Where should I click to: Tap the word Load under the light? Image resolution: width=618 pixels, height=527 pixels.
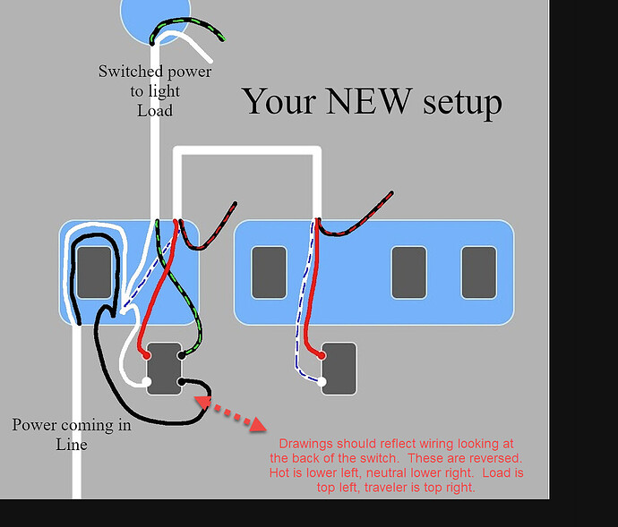(x=155, y=110)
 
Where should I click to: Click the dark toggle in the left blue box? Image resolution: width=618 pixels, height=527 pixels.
(x=94, y=272)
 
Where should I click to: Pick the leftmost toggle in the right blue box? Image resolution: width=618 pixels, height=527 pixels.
(x=268, y=271)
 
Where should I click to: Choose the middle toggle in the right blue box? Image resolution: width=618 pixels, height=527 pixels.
(x=408, y=271)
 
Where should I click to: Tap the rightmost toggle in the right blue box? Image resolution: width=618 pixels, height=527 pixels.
(x=478, y=271)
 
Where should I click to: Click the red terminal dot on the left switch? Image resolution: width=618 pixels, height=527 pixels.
(x=146, y=355)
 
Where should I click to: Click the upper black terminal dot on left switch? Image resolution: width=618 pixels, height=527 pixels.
(x=182, y=355)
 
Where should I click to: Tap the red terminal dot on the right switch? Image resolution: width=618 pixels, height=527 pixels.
(x=322, y=354)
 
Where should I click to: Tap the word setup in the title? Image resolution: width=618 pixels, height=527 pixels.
(x=459, y=102)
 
